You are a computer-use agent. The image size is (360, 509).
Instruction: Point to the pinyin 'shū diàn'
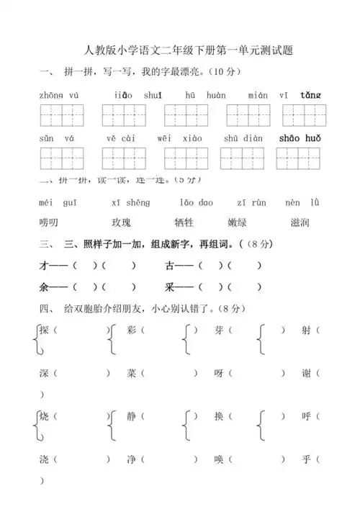tap(243, 138)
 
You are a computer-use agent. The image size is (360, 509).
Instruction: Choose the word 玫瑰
tap(122, 223)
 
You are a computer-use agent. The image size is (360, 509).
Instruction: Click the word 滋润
tap(300, 223)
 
